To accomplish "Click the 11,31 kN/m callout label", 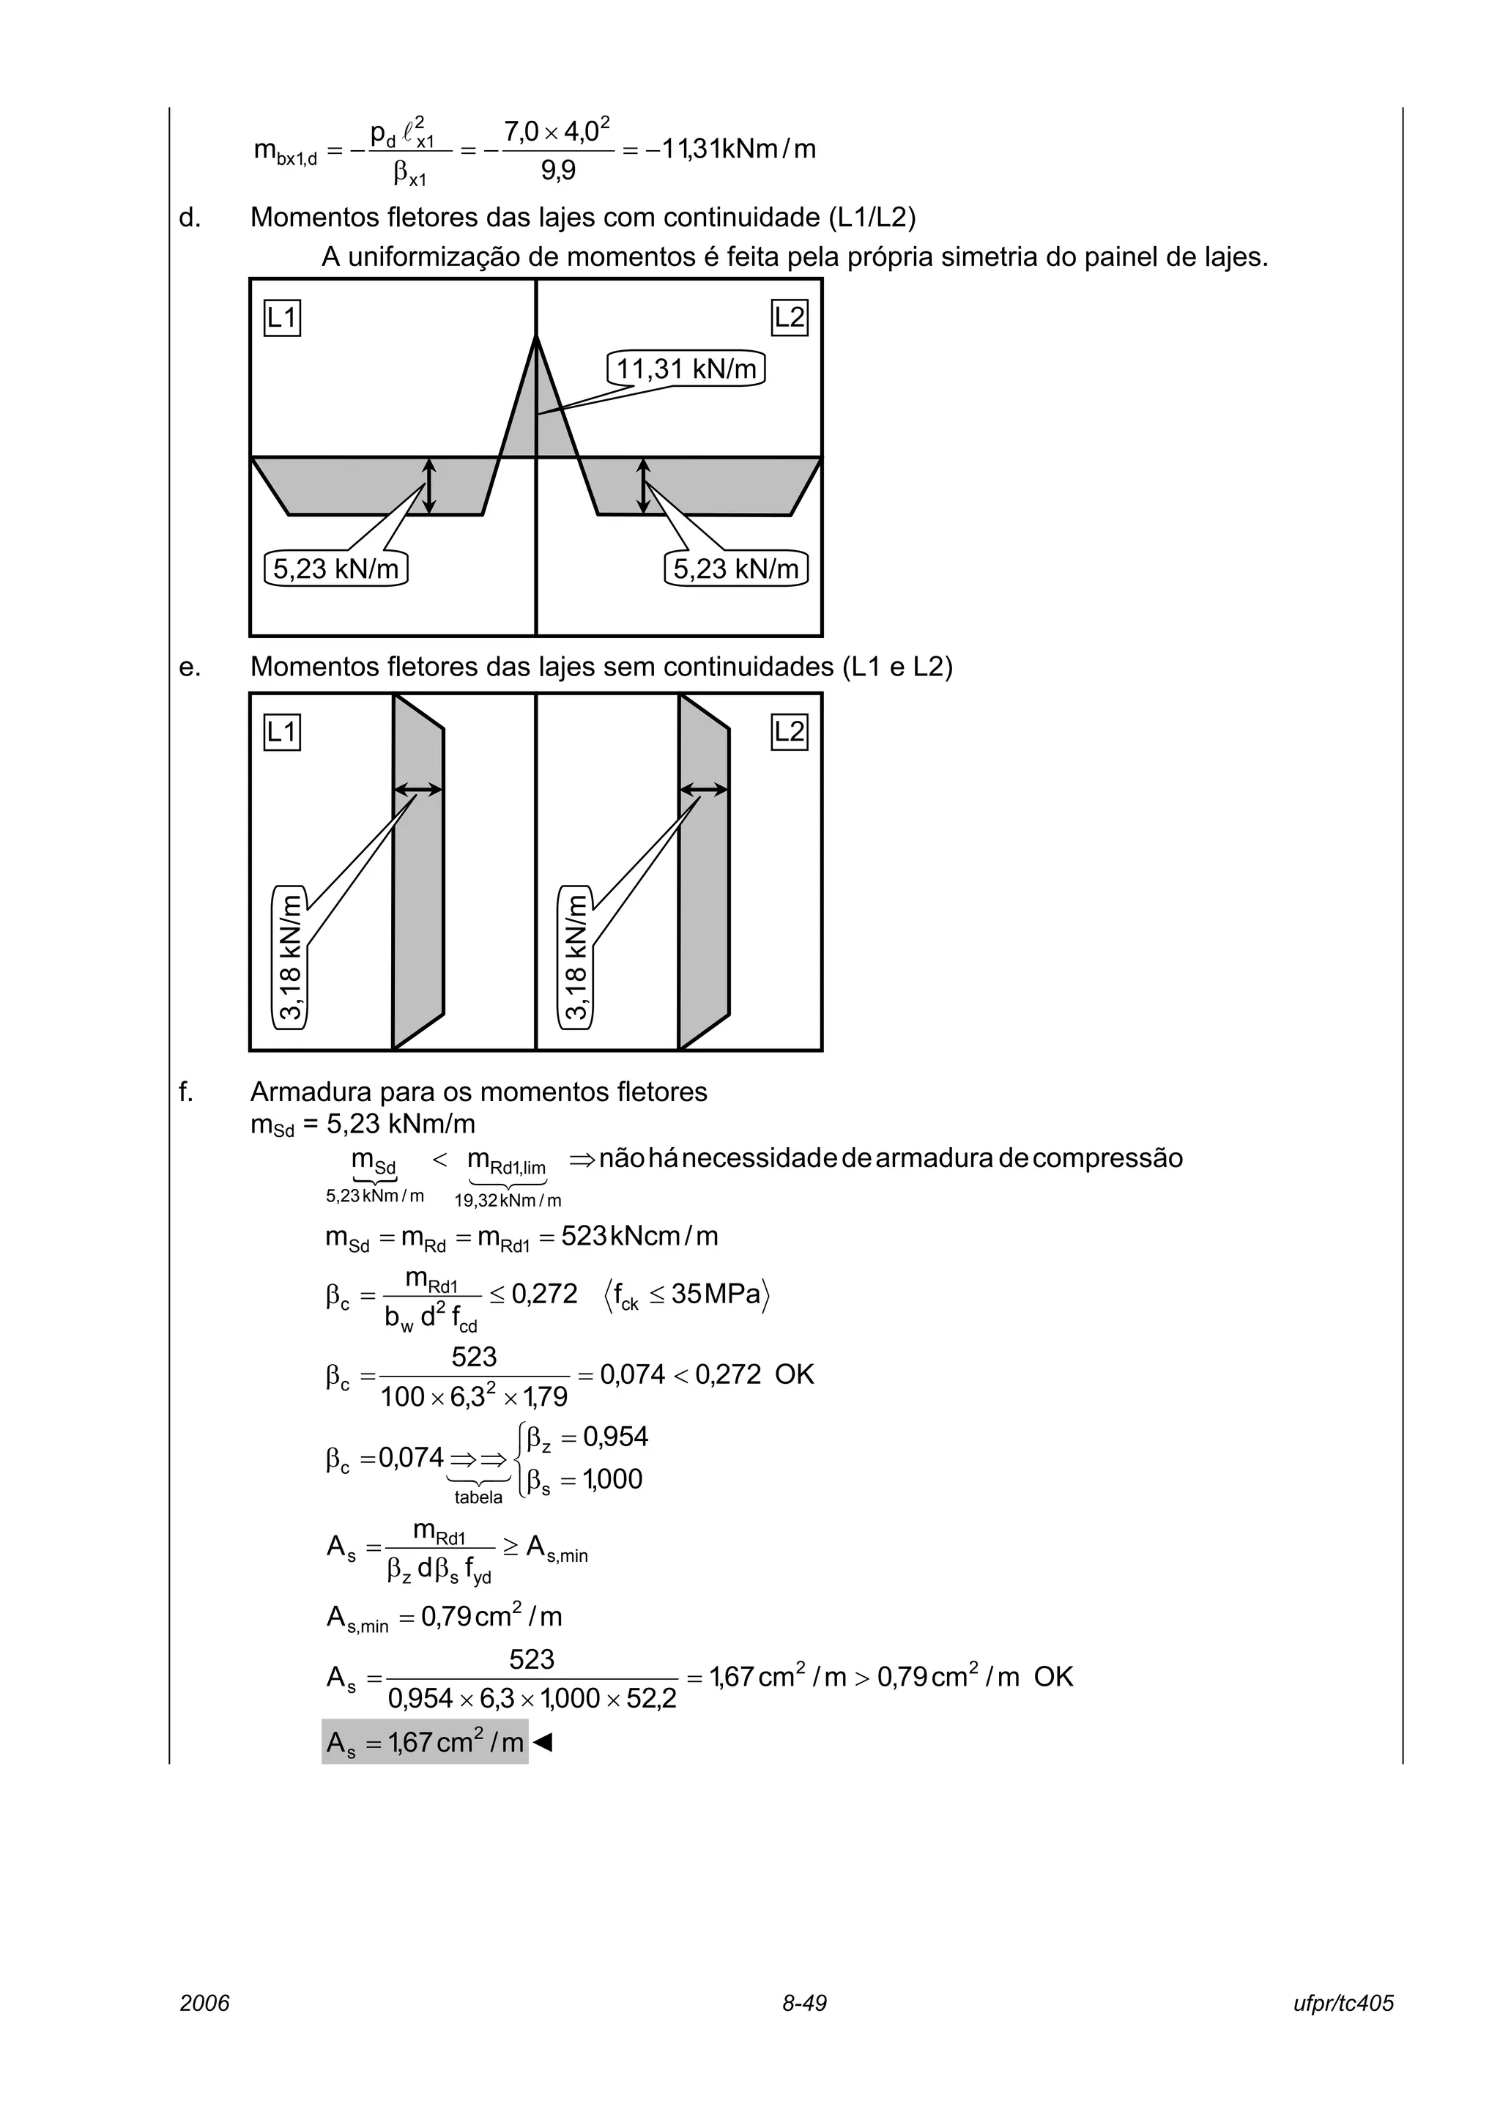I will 686,370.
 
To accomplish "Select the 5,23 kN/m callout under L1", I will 335,568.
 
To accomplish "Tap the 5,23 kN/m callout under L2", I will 735,568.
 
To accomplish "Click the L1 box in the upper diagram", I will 282,319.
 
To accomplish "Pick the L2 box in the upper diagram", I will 790,319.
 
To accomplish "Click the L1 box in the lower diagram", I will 282,733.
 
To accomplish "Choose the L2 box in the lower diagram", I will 790,733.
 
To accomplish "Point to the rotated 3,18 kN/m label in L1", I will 290,956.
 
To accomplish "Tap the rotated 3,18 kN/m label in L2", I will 576,956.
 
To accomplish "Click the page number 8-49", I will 804,2003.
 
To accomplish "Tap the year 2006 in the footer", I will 204,2003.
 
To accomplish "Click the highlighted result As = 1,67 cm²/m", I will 425,1743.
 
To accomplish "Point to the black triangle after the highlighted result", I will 543,1743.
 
